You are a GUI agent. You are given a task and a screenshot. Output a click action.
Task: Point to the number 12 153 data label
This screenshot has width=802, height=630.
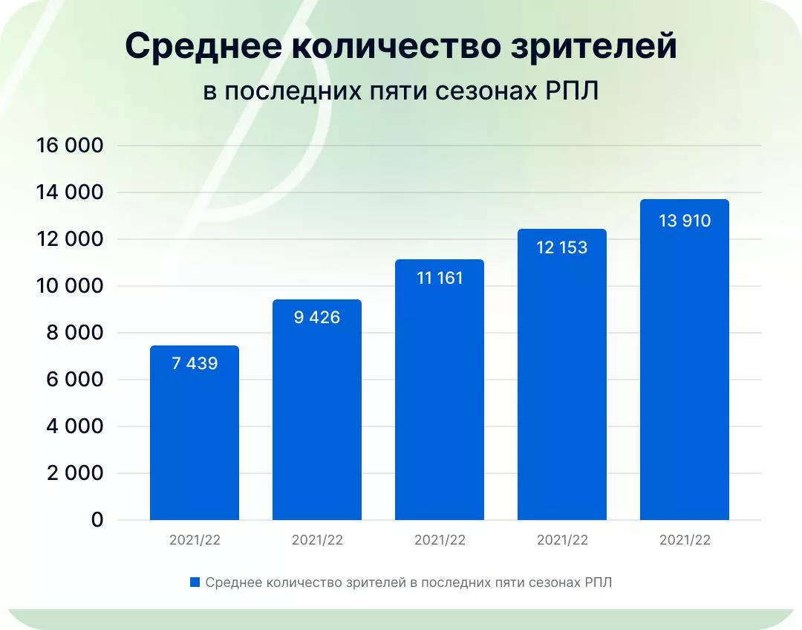pos(561,247)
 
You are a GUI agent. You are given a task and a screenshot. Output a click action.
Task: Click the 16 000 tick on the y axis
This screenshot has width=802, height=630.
pos(69,146)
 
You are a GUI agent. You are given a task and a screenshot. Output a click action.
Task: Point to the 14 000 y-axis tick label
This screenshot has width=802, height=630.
pos(69,193)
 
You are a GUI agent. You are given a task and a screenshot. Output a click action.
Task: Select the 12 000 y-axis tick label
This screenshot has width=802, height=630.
pos(69,240)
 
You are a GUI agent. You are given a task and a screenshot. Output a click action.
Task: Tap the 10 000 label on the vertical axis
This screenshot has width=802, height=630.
pos(69,287)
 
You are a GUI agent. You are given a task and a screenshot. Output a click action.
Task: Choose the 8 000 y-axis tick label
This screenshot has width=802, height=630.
pos(74,334)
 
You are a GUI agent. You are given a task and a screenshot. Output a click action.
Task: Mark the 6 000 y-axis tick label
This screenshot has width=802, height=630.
pos(74,380)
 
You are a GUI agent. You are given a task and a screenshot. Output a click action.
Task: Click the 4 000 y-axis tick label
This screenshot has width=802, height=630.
pos(74,427)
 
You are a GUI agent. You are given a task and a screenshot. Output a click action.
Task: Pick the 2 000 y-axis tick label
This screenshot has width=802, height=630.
pos(74,474)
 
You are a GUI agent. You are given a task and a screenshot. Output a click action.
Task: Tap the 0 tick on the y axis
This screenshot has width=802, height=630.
pos(97,521)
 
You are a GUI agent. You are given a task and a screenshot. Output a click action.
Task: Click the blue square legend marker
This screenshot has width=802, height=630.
pos(195,582)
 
